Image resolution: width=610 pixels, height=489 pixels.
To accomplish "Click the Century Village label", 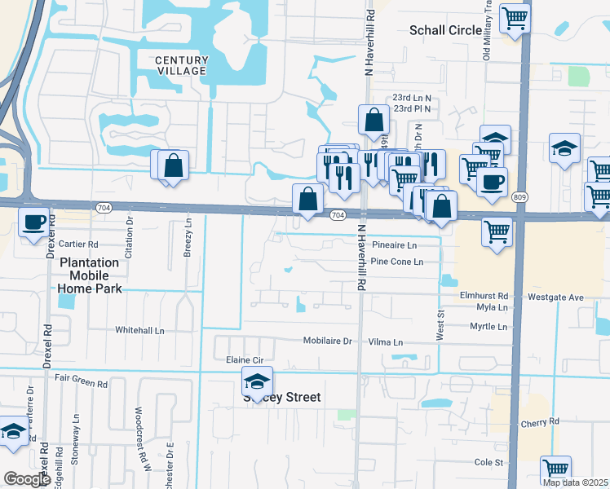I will [x=181, y=66].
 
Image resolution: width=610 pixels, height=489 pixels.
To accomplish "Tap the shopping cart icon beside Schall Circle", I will [x=514, y=17].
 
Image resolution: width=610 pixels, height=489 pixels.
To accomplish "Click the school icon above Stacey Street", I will [x=257, y=381].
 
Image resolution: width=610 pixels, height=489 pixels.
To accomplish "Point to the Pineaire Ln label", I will [x=394, y=244].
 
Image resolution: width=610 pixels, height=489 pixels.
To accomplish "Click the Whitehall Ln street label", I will [x=139, y=330].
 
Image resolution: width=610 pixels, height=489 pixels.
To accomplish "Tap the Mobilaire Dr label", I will [x=327, y=341].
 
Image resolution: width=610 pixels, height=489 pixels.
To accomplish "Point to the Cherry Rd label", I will [x=542, y=421].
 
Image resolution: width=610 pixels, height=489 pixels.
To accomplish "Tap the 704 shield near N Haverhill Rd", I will [x=338, y=215].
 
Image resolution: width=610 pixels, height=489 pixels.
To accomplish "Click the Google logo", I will [x=27, y=479].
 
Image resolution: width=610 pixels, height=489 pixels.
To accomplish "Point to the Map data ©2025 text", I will [x=574, y=482].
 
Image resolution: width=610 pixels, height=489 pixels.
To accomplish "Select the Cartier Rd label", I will [x=78, y=244].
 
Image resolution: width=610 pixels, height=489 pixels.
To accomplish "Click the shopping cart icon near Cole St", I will [x=555, y=469].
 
